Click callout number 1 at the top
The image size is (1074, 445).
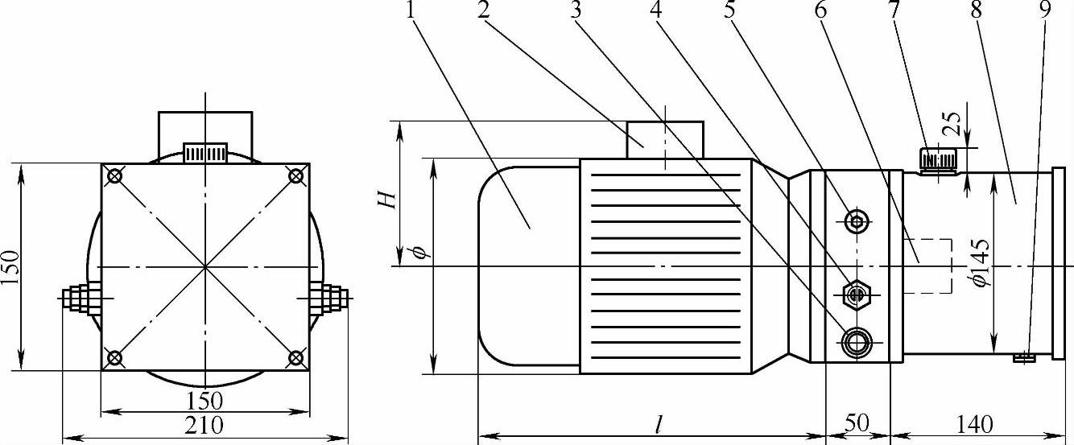coord(410,10)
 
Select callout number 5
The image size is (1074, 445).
coord(729,10)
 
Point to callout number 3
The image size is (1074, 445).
coord(576,10)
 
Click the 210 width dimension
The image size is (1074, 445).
coord(204,424)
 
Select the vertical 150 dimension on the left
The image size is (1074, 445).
coord(10,266)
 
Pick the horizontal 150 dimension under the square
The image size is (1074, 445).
coord(204,401)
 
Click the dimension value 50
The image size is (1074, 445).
coord(857,423)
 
